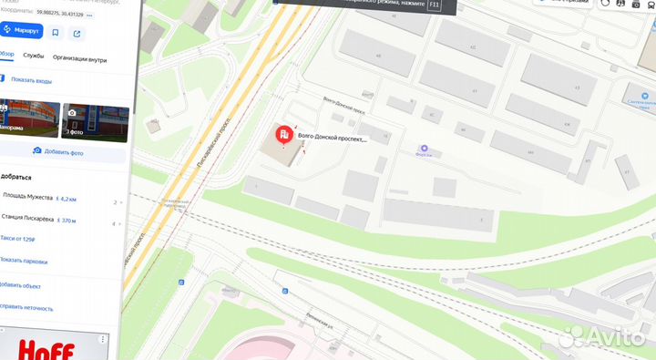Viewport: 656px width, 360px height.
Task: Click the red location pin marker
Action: [x=284, y=137]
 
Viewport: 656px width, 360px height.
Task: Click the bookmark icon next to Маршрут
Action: [x=56, y=32]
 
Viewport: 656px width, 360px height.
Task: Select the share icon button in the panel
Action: [x=77, y=32]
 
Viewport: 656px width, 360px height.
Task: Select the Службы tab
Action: [x=34, y=57]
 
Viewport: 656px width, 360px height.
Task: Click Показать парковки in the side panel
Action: [x=24, y=261]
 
